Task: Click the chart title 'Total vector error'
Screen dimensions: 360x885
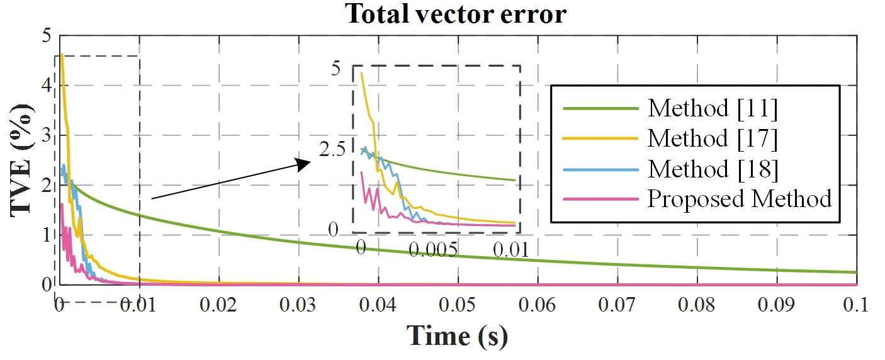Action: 456,14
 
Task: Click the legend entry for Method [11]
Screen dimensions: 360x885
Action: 713,109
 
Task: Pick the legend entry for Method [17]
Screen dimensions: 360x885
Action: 713,139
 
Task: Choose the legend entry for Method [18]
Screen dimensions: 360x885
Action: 713,169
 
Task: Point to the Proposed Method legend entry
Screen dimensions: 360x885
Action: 740,199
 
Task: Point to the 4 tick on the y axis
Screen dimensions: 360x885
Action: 45,86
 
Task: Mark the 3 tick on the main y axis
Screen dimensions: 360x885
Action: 45,135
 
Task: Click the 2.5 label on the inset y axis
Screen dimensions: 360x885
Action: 332,150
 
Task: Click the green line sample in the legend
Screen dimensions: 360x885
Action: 600,109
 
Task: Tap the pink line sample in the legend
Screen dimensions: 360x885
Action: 600,199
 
